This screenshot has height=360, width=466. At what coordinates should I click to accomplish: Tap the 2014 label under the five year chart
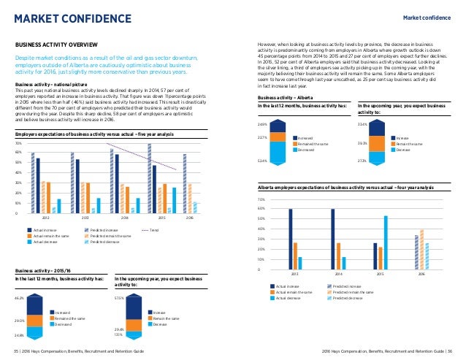[124, 218]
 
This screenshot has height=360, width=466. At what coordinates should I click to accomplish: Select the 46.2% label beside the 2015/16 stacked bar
[20, 299]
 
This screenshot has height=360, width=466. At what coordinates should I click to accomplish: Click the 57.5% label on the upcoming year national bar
[120, 299]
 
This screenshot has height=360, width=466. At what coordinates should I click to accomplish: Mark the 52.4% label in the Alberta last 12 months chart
[263, 161]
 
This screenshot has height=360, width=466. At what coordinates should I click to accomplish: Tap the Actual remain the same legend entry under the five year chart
[52, 235]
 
